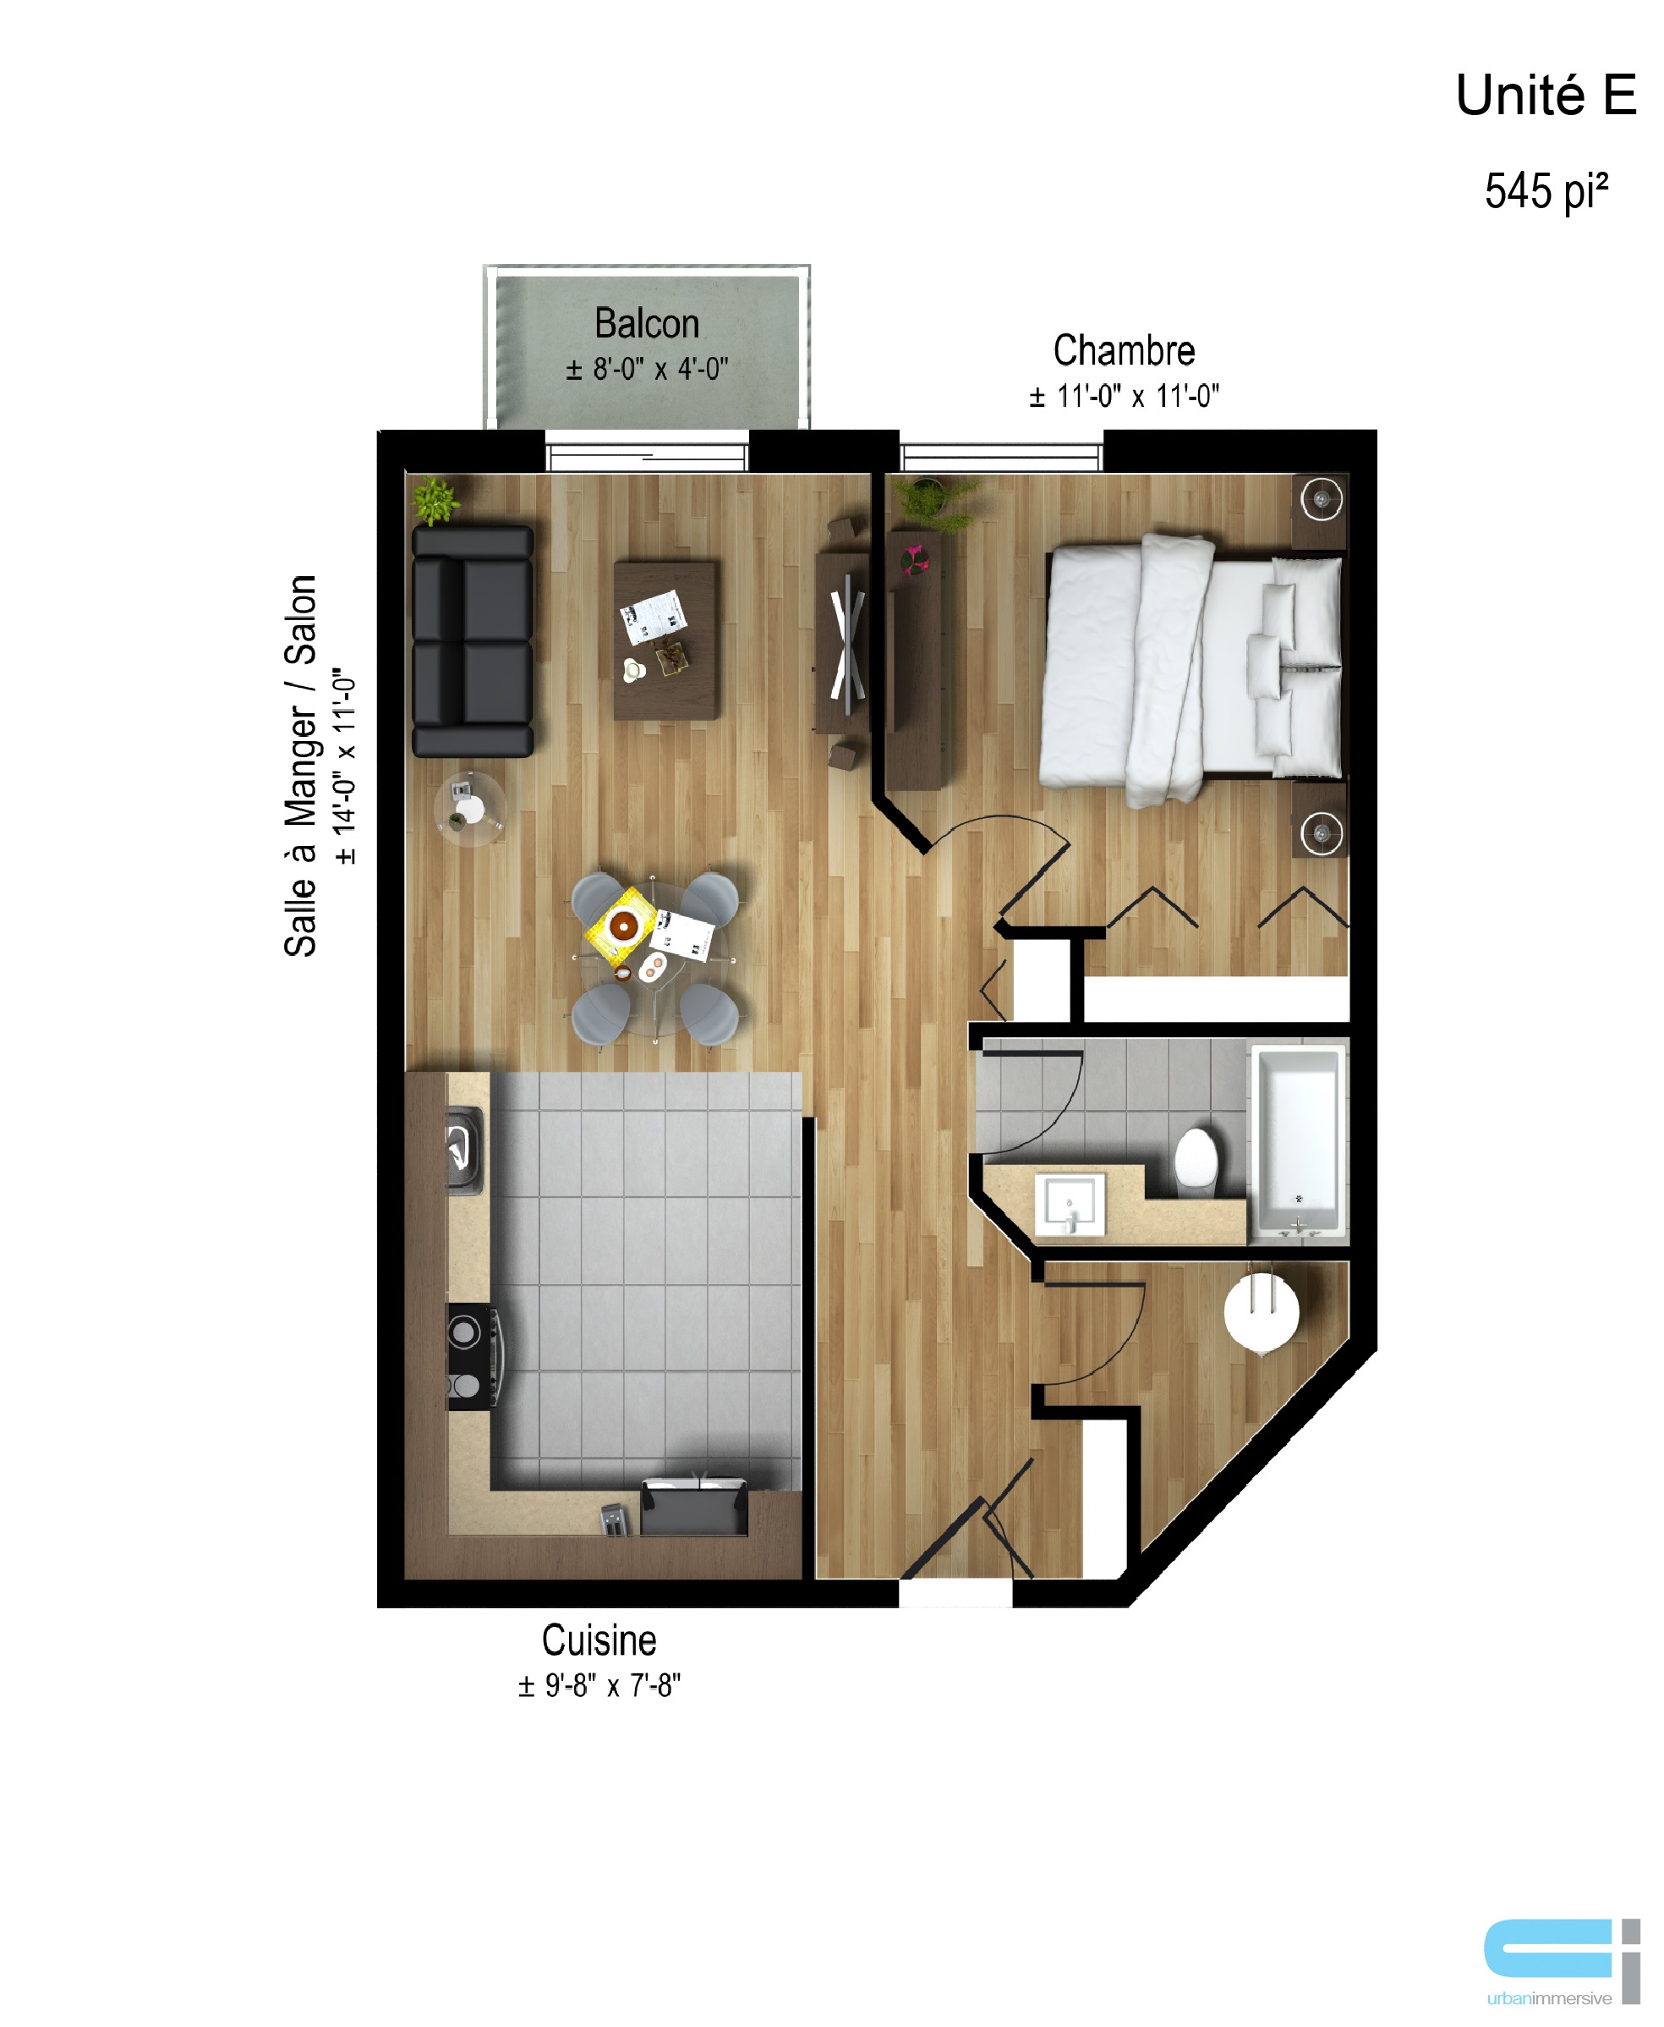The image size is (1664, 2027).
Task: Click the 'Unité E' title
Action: [1545, 96]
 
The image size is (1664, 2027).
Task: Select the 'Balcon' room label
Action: [647, 323]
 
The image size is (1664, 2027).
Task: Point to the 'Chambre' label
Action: [1125, 350]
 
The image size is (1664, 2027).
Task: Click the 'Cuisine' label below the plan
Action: [599, 1640]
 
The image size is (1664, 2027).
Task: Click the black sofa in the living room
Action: [473, 641]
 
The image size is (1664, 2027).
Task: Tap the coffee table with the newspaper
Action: [666, 640]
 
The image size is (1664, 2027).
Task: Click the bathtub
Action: [1298, 1142]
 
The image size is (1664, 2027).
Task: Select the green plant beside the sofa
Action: [435, 499]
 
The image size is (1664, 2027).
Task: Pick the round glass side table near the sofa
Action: [469, 807]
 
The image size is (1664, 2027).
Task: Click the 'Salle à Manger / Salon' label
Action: [300, 765]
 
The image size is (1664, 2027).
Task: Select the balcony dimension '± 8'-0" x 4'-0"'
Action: [647, 369]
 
